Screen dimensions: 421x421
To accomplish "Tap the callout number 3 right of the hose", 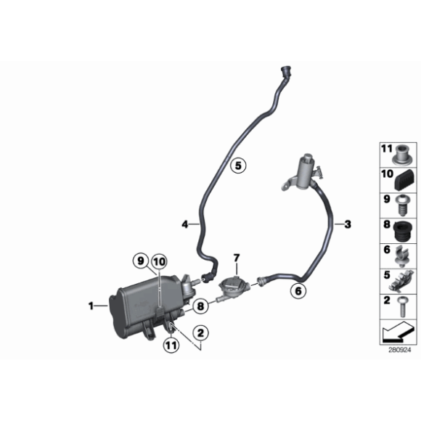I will [348, 224].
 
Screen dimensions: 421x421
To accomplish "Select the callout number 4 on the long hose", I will [185, 225].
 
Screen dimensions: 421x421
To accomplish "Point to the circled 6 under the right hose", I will [296, 292].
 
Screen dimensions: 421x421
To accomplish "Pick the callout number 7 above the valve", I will [235, 258].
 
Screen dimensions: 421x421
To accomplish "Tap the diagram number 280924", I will [399, 349].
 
